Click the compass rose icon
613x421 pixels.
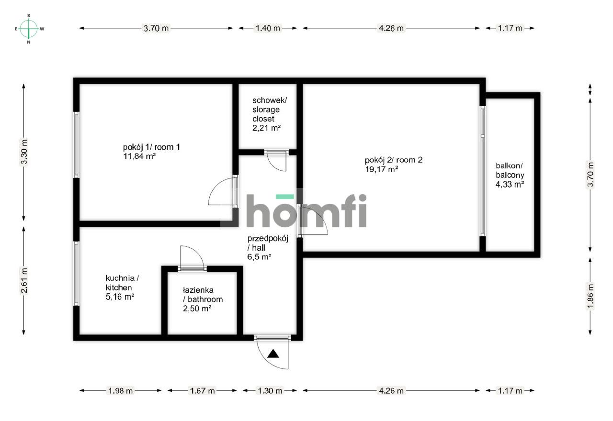coord(29,29)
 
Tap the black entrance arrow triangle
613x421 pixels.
coord(273,354)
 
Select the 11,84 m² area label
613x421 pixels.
coord(139,155)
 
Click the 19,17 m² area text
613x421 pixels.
coord(381,169)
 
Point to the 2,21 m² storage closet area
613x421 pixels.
coord(266,128)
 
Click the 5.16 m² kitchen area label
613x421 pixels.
coord(119,297)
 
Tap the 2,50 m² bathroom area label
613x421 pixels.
coord(197,309)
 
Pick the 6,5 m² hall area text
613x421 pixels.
coord(260,256)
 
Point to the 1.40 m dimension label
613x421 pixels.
coord(267,28)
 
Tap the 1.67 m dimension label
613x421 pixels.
coord(202,391)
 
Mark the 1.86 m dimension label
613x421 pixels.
coord(590,297)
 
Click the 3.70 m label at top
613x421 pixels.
coord(156,28)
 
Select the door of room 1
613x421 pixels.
coord(223,191)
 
